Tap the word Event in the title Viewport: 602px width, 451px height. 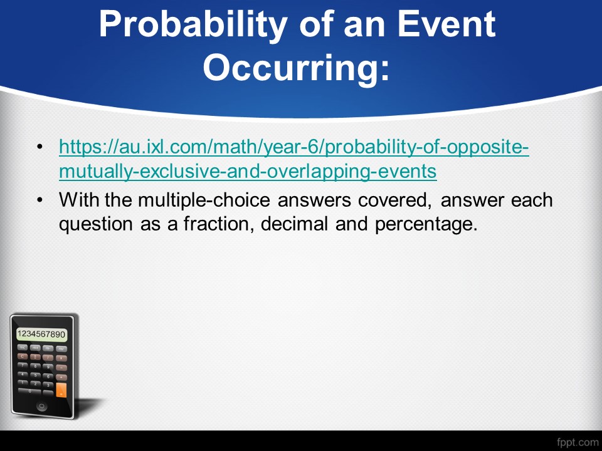[x=446, y=24]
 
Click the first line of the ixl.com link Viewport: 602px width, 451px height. [x=294, y=147]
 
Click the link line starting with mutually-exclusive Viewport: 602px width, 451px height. [x=248, y=172]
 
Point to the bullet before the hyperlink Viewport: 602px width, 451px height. [x=40, y=147]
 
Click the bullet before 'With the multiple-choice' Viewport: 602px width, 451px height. [x=40, y=200]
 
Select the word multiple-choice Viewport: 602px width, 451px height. [x=204, y=200]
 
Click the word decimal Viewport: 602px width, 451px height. [x=294, y=224]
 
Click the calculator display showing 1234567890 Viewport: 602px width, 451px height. [x=41, y=334]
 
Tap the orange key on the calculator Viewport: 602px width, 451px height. [x=61, y=390]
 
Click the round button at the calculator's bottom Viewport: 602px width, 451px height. [x=41, y=406]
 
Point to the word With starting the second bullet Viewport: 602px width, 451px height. [x=78, y=200]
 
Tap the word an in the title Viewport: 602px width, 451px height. [x=365, y=27]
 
